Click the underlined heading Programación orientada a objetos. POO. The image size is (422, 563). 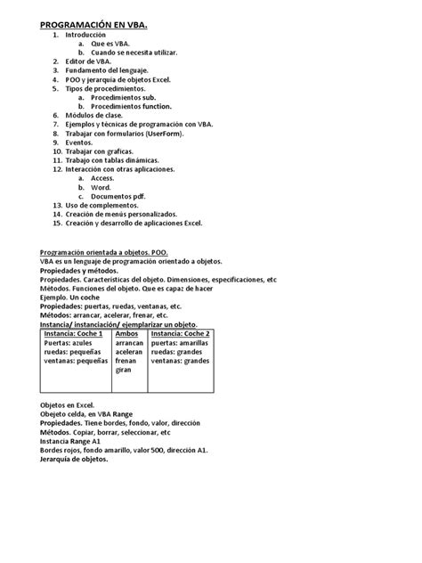[x=110, y=253]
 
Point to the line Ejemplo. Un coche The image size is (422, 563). [x=77, y=298]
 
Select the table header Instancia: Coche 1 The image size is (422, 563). [x=75, y=333]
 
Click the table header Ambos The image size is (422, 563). [x=127, y=333]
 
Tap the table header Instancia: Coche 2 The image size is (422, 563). [x=180, y=333]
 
